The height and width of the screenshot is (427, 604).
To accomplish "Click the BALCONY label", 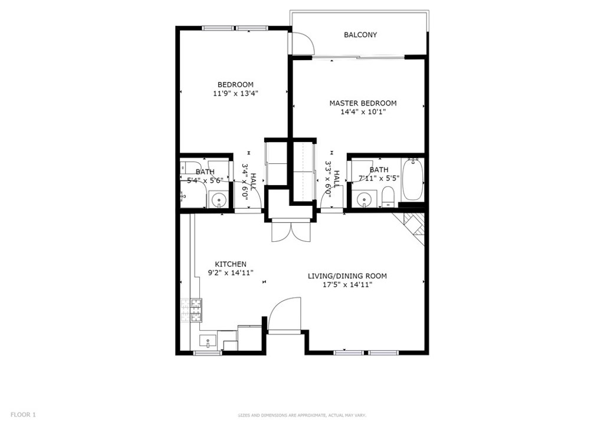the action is click(x=360, y=35).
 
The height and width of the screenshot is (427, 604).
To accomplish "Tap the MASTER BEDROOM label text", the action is click(x=363, y=103).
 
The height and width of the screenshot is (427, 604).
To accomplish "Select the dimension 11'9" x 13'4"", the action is click(x=235, y=93).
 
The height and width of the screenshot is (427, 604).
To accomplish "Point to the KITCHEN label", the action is click(x=231, y=264).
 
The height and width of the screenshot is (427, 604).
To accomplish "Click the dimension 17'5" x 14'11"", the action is click(x=347, y=285).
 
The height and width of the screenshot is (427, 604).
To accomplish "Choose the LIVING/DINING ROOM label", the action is click(x=347, y=276).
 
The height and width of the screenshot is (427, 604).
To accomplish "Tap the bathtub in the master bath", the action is click(x=412, y=179).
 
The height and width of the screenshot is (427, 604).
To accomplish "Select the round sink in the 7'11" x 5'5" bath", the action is click(x=363, y=199).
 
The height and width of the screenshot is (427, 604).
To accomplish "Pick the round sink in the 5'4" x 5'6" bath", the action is click(x=219, y=200).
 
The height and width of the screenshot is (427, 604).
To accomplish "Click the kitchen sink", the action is click(x=208, y=341).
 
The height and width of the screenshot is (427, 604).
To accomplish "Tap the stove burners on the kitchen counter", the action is click(x=192, y=310).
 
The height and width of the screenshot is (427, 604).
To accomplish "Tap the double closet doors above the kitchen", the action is click(x=291, y=231).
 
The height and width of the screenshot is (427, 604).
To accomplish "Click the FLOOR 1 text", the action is click(x=23, y=415).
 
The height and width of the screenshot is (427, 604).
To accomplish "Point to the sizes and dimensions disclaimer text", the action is click(x=302, y=415).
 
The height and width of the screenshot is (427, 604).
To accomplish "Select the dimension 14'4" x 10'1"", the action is click(x=363, y=112).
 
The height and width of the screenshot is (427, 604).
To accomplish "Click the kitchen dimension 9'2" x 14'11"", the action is click(x=231, y=273).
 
